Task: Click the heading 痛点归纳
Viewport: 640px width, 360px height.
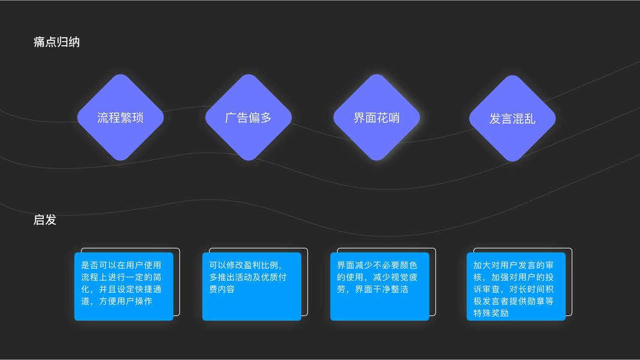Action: [x=56, y=42]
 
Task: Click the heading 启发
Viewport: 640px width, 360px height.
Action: [x=45, y=220]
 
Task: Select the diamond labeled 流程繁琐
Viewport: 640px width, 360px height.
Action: [x=120, y=118]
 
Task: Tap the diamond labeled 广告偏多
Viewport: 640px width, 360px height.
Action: [x=249, y=118]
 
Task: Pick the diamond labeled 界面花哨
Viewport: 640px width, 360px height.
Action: [x=376, y=118]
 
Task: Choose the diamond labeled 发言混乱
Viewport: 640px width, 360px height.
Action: [x=512, y=118]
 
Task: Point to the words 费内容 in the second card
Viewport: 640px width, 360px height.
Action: [x=222, y=289]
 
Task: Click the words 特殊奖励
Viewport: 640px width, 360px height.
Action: [x=491, y=313]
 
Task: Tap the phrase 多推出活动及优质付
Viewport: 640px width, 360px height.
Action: [x=247, y=277]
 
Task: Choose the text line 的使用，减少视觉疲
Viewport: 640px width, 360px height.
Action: [x=376, y=277]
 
